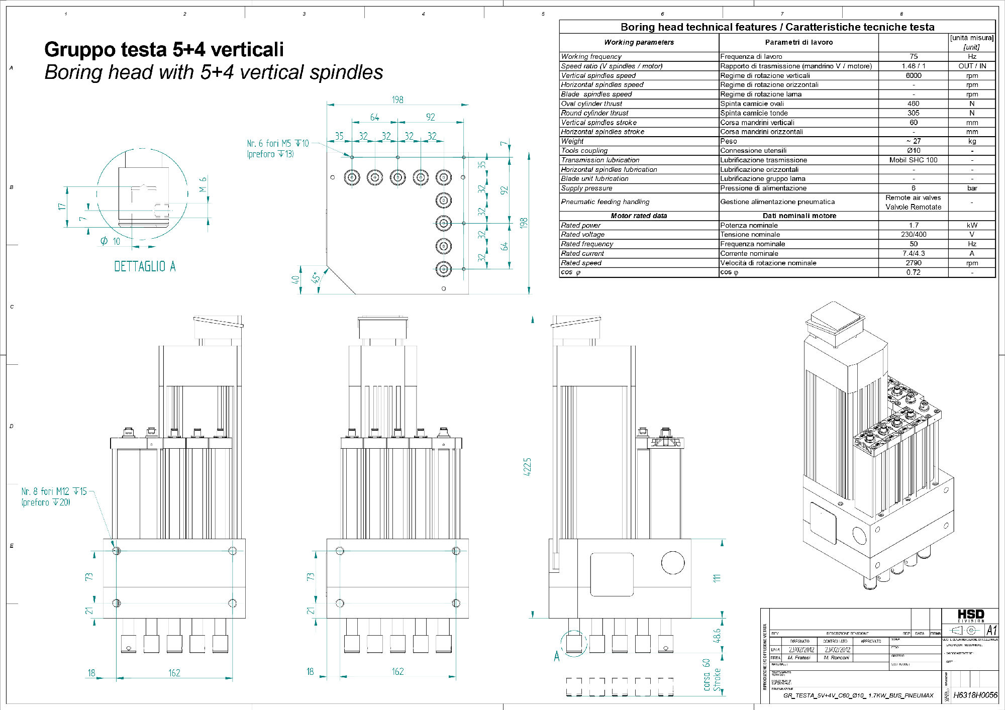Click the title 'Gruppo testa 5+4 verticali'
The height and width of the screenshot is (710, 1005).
(x=164, y=50)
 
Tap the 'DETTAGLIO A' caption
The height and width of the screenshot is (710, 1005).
(x=145, y=266)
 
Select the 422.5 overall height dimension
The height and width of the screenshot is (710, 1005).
(x=527, y=467)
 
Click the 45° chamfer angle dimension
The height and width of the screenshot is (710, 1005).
(x=316, y=278)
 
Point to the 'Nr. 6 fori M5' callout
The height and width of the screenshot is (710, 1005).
(x=278, y=144)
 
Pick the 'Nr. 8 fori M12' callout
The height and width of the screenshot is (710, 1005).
(x=54, y=491)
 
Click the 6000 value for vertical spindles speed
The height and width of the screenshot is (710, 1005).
(x=913, y=75)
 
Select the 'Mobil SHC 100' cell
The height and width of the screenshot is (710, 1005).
(x=913, y=160)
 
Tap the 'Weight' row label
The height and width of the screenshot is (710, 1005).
(x=572, y=141)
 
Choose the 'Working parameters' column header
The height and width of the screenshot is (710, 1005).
(x=639, y=42)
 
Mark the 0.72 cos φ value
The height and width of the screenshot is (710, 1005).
(x=913, y=272)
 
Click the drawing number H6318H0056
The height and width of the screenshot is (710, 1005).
(x=975, y=695)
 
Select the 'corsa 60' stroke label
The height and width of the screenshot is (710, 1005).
(x=707, y=674)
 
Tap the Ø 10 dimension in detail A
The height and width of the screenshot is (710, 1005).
(x=111, y=242)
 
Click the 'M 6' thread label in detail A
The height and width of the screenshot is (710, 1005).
(x=203, y=184)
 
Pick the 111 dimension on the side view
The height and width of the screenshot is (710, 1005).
(x=717, y=578)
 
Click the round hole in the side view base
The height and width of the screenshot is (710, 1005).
(x=673, y=563)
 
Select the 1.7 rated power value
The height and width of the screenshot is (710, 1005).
(x=913, y=225)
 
